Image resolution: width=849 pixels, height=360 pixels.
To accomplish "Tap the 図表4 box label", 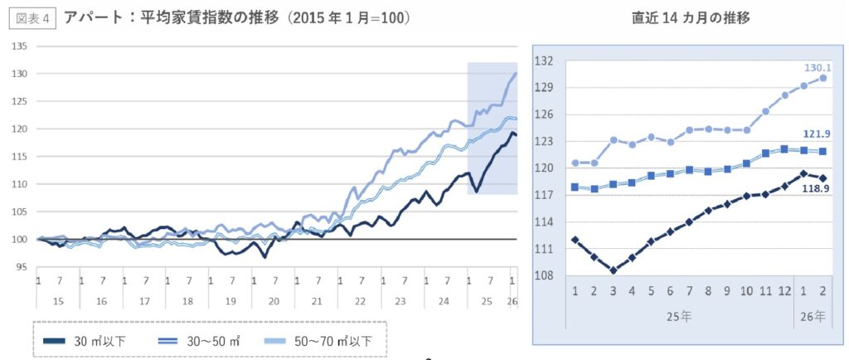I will pyautogui.click(x=32, y=17).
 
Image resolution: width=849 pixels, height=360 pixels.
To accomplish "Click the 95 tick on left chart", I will pyautogui.click(x=22, y=267).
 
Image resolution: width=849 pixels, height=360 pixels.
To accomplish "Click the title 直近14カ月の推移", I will pyautogui.click(x=691, y=17).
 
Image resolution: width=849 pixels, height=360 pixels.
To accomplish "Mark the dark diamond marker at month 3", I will pyautogui.click(x=613, y=270).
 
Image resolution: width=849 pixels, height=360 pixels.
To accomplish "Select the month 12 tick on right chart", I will pyautogui.click(x=784, y=291).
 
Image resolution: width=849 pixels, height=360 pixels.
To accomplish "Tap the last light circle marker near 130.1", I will pyautogui.click(x=822, y=78).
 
